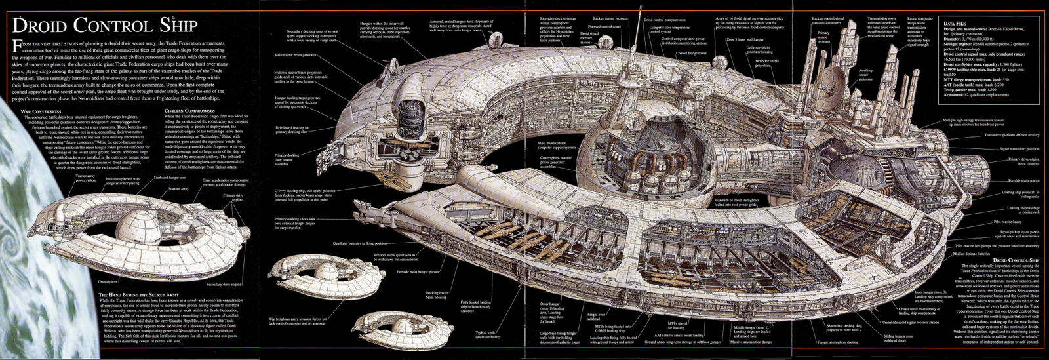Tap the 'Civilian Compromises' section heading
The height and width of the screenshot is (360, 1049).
(191, 111)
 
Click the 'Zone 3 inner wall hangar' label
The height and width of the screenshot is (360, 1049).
(745, 39)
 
